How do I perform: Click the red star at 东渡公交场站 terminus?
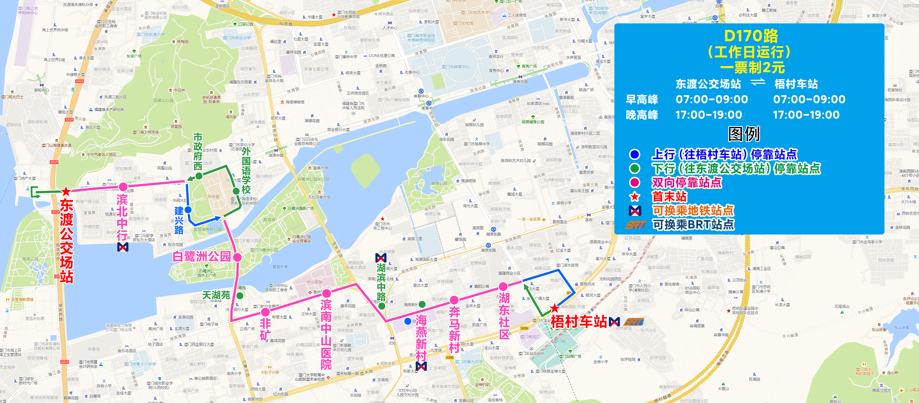[x=66, y=191]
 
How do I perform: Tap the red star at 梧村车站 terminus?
[x=554, y=308]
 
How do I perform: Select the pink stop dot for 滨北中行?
[x=123, y=187]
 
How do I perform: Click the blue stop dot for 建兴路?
[x=188, y=210]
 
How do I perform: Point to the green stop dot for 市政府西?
[x=199, y=176]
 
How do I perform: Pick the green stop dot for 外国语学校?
[x=236, y=191]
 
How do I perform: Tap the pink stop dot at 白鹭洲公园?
[x=237, y=257]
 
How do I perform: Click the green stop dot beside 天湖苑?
[x=240, y=296]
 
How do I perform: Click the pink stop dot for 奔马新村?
[x=454, y=300]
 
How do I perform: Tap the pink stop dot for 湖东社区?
[x=503, y=286]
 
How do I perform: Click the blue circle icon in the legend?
[x=635, y=154]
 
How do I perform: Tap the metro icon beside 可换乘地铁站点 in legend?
[x=635, y=211]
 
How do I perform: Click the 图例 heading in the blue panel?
[x=744, y=134]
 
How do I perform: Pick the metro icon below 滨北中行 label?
[x=123, y=247]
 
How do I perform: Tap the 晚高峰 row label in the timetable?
[x=642, y=115]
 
